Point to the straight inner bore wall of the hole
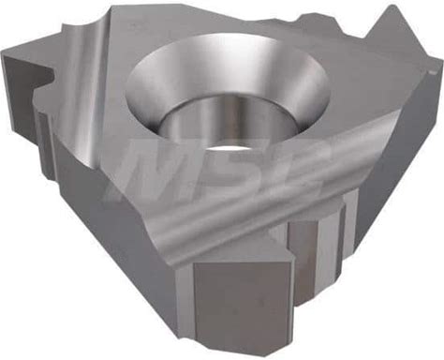point(228,124)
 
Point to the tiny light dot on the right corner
point(433,73)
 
